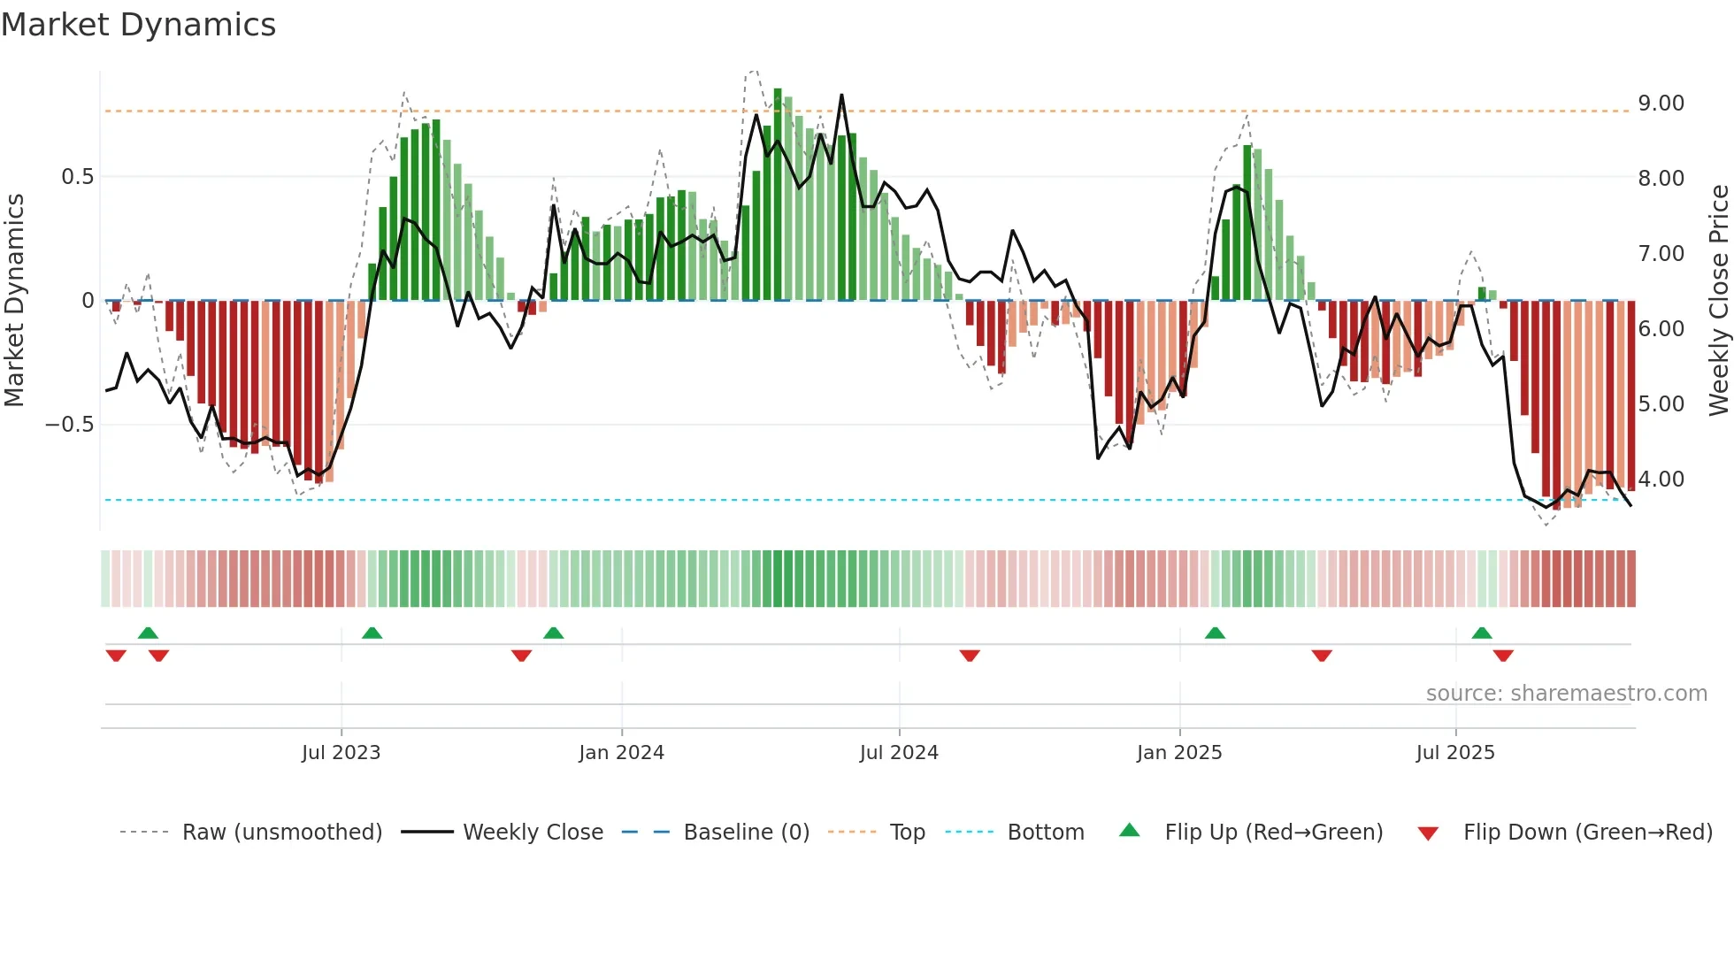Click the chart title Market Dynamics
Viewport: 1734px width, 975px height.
(x=139, y=25)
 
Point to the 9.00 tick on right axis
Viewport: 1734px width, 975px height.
(x=1661, y=104)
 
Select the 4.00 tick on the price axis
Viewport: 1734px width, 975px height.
(x=1661, y=480)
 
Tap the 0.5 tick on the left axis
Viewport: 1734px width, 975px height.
(x=77, y=177)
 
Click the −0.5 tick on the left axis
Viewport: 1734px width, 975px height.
(x=70, y=425)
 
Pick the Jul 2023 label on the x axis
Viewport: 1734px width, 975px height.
(x=341, y=753)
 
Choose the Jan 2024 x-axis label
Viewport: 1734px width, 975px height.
(x=621, y=753)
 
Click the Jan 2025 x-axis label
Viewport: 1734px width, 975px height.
(x=1178, y=753)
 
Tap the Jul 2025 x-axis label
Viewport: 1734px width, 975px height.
(x=1454, y=753)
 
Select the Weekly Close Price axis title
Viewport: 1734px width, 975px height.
(x=1718, y=301)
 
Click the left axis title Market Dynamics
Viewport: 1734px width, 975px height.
(x=14, y=301)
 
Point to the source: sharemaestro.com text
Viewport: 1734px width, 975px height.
(x=1566, y=694)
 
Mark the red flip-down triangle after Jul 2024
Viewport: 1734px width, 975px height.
(x=970, y=656)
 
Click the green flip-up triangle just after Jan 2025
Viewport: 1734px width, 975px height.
(x=1215, y=633)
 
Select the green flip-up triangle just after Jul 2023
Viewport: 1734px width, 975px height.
(x=372, y=633)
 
